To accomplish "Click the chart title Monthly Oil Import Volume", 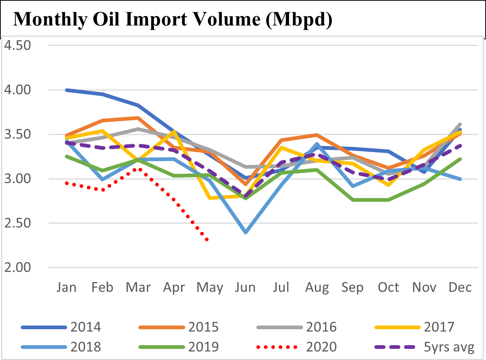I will tap(173, 19).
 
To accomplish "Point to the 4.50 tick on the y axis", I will tap(17, 46).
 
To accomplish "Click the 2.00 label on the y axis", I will tap(17, 267).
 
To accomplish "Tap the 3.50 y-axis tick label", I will tap(17, 135).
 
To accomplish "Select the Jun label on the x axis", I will tap(245, 287).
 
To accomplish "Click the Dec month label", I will tap(460, 287).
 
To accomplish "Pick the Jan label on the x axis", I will tap(66, 287).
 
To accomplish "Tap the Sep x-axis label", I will tap(352, 287).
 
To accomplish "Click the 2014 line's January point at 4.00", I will tap(67, 90).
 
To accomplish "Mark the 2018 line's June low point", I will tap(245, 232).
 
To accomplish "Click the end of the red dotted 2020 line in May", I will tap(207, 240).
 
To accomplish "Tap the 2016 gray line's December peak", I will tap(460, 124).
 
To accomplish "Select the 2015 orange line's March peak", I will tap(138, 118).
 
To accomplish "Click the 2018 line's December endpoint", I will tap(460, 179).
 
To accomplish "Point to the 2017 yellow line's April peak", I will tap(174, 131).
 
